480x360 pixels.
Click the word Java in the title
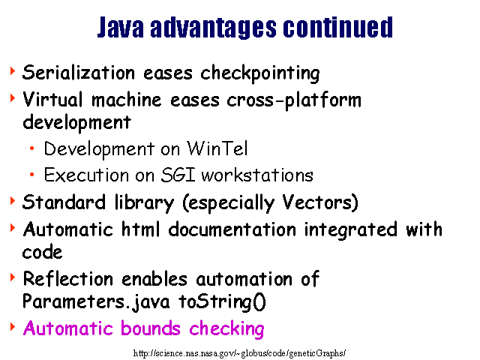tap(120, 28)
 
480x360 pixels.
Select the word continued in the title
tap(338, 27)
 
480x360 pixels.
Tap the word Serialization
tap(79, 73)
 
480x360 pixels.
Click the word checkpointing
tap(260, 73)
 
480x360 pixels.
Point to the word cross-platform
tap(294, 100)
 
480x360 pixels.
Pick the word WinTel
tap(217, 148)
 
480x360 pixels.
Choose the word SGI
tap(178, 175)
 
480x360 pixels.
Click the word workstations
tap(257, 175)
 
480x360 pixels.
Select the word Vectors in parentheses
tap(318, 202)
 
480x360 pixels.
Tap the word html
tap(141, 229)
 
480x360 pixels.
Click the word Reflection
tap(68, 279)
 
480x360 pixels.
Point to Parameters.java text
tap(96, 301)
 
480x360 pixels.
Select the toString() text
tap(223, 302)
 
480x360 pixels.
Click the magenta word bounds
tap(151, 328)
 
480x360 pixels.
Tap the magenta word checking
tap(226, 329)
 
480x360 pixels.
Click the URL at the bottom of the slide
tap(240, 353)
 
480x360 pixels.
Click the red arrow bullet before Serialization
tap(13, 71)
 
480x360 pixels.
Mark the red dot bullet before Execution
tap(31, 175)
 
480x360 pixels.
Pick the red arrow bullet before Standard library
tap(13, 201)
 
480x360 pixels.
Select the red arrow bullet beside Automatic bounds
tap(13, 327)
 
